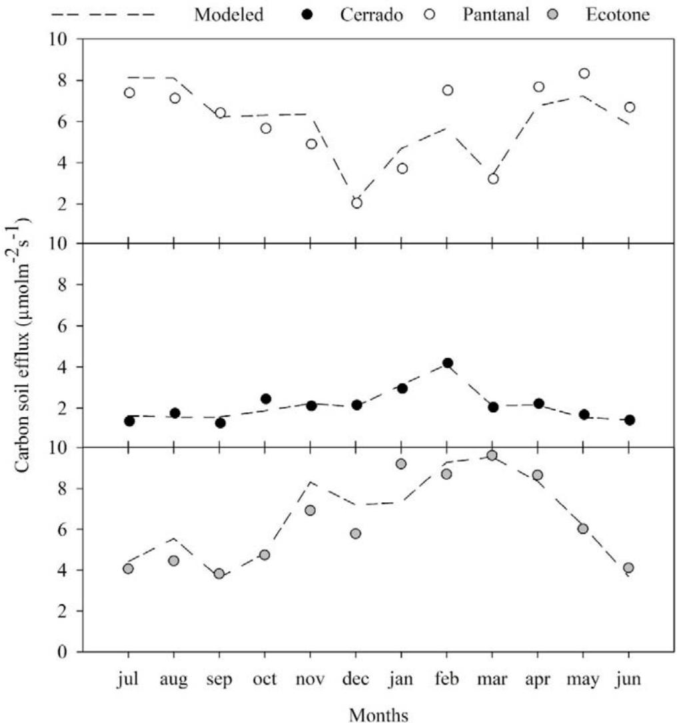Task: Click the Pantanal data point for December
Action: [x=356, y=203]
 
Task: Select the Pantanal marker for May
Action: [x=584, y=73]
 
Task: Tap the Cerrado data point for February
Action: [x=448, y=364]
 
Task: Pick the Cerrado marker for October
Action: [x=266, y=399]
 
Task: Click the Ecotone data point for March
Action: [x=492, y=456]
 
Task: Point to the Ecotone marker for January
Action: [x=402, y=464]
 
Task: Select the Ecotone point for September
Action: [x=220, y=574]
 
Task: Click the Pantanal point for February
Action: [x=448, y=90]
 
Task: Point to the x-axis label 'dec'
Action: [x=356, y=680]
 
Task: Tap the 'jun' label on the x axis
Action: [x=629, y=680]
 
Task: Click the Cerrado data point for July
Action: [x=129, y=421]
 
